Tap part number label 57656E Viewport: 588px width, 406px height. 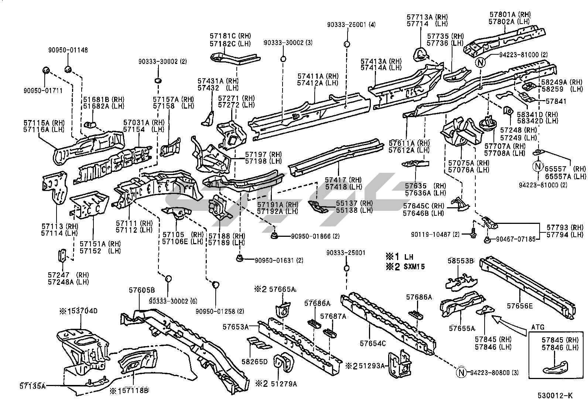520,306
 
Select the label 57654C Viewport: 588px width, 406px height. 373,344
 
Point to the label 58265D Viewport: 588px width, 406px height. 254,362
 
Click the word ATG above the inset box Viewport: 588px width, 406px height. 538,327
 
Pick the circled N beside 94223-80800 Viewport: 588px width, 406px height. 461,373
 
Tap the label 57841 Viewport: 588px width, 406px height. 556,101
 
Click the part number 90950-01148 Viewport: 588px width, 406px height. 68,50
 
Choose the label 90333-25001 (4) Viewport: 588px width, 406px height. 351,25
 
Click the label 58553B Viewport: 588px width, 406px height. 461,261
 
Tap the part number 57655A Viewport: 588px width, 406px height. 462,328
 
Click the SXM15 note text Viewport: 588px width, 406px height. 414,266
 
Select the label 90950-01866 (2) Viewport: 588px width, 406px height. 315,236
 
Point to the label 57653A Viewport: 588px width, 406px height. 235,327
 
